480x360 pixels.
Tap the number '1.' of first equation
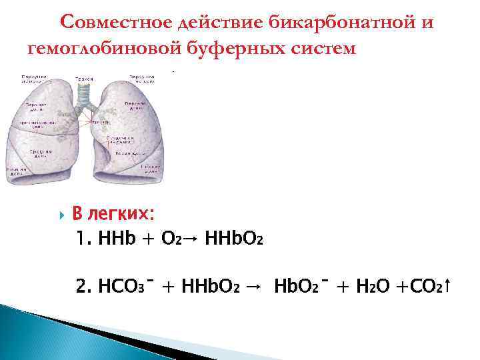[84, 239]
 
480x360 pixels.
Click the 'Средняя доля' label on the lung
[36, 153]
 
